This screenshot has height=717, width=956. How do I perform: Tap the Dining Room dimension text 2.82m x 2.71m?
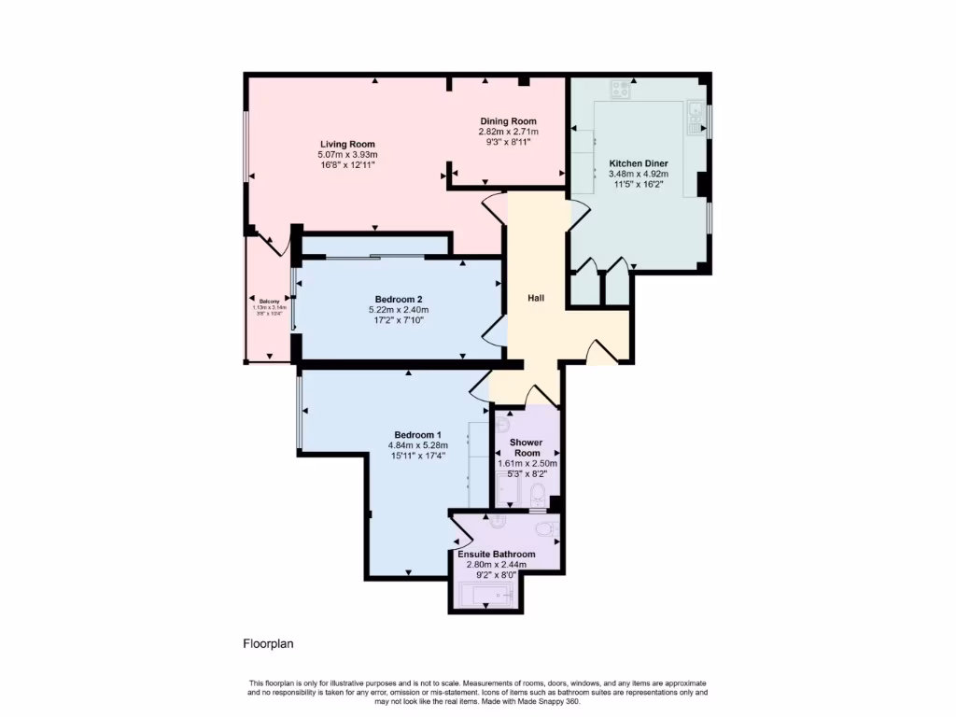(508, 132)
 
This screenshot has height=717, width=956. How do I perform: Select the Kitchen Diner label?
(638, 162)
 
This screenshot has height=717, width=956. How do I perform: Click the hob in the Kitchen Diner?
(620, 90)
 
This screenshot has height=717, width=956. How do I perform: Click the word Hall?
(536, 298)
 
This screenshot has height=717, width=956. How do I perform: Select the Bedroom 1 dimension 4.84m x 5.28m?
(416, 445)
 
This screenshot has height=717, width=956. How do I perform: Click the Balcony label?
(269, 301)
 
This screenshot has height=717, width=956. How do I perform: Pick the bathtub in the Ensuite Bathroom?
(486, 594)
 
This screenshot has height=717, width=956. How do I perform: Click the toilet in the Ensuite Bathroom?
(546, 529)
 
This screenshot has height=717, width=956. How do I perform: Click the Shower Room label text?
(527, 447)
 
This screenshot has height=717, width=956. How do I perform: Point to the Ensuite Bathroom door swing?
(459, 534)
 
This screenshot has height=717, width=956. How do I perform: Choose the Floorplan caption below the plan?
(269, 643)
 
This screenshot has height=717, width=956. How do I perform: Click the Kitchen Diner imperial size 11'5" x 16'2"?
(638, 185)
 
